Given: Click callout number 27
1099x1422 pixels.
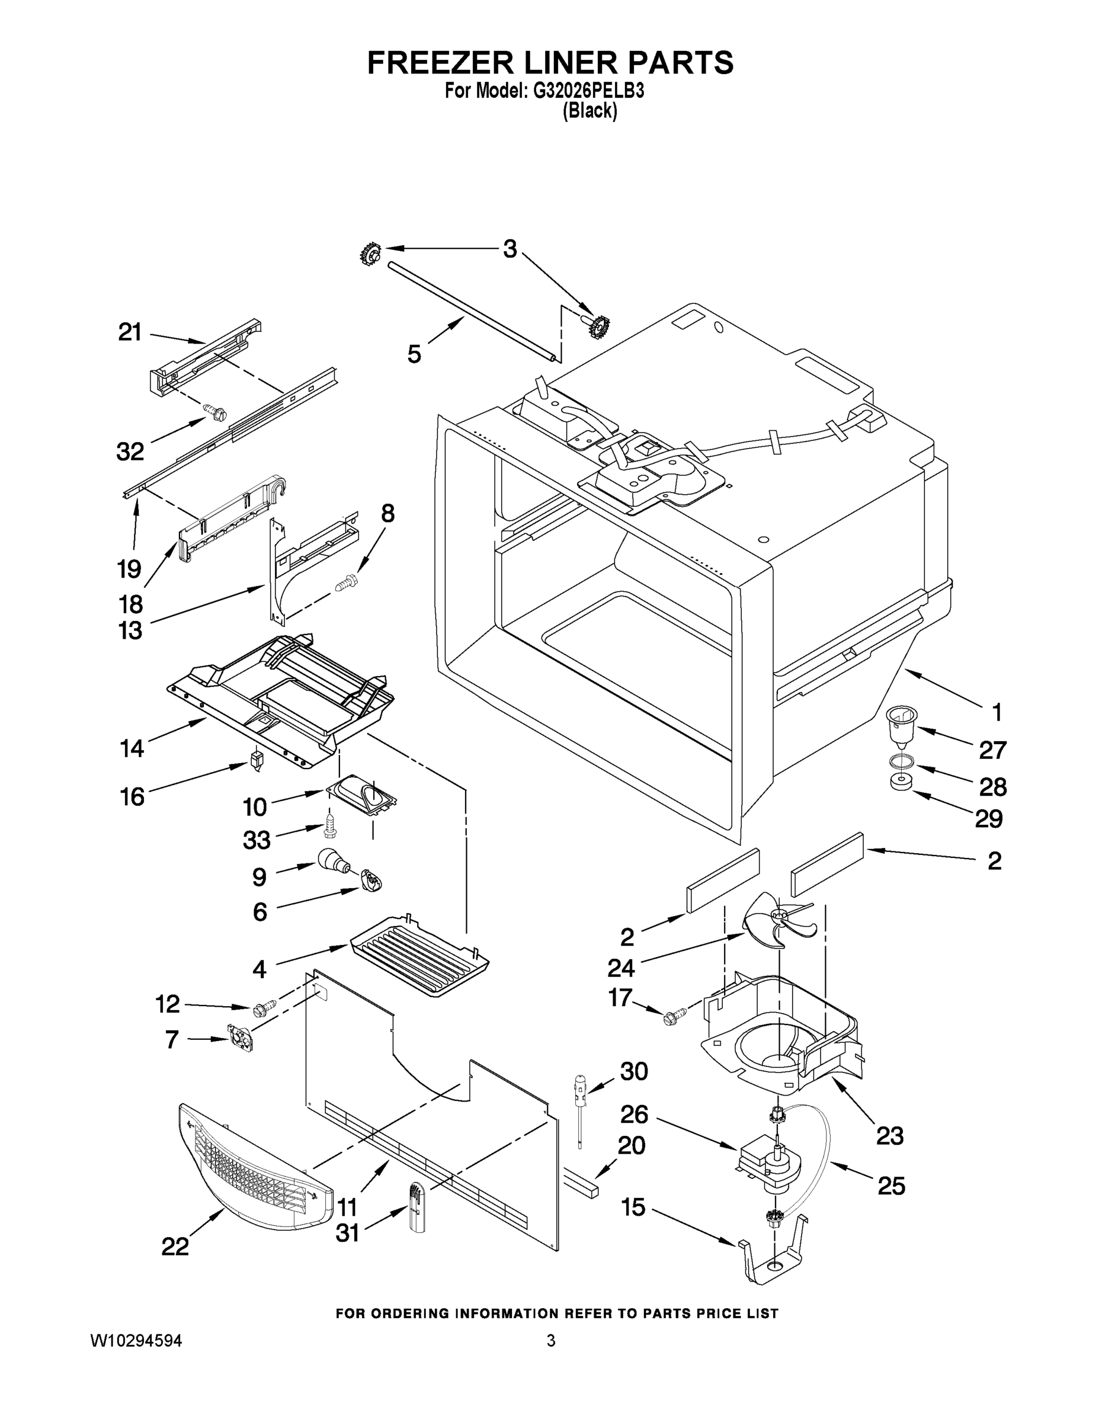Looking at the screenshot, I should click(992, 750).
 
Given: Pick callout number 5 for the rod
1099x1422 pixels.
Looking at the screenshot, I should click(414, 354).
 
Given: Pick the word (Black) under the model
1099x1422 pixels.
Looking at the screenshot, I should click(589, 111).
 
